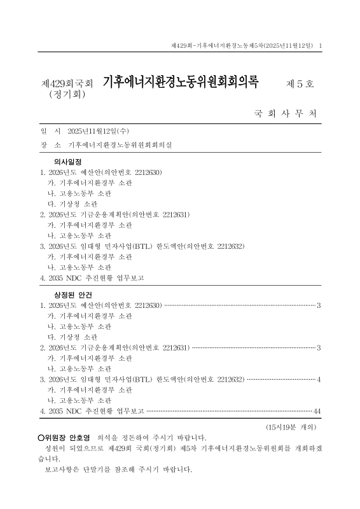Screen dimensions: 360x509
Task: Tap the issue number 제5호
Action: click(x=301, y=83)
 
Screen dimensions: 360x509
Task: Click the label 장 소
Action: click(x=48, y=144)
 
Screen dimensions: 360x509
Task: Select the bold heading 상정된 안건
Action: click(x=73, y=296)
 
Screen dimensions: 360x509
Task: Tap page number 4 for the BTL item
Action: click(x=318, y=379)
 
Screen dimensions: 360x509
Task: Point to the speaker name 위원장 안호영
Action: click(x=67, y=438)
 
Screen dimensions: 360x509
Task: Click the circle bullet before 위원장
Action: click(x=41, y=438)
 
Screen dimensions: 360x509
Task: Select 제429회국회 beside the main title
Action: click(x=67, y=84)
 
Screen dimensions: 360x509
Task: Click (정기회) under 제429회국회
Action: click(x=67, y=95)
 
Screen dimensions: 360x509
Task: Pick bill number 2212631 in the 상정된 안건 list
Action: click(x=170, y=347)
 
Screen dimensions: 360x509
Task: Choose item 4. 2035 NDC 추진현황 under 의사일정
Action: click(x=92, y=278)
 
